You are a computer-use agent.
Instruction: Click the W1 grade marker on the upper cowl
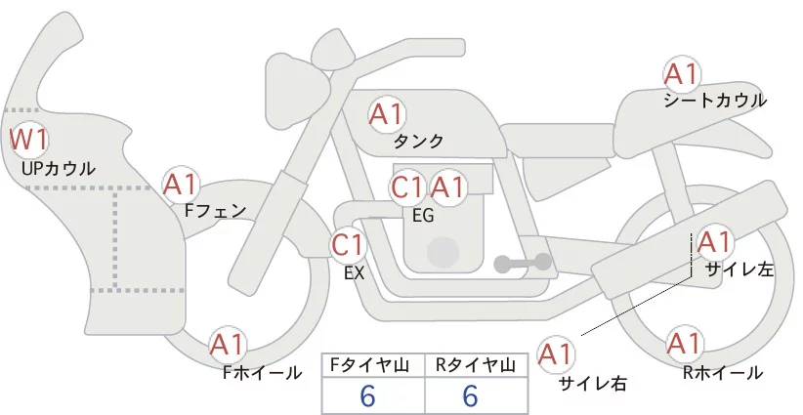pos(29,140)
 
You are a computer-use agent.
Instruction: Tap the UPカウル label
pos(59,168)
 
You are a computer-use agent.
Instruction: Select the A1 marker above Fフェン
pos(181,186)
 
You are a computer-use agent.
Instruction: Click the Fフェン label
pos(215,211)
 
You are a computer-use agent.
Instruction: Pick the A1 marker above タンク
pos(387,114)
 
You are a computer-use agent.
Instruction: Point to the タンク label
pos(418,141)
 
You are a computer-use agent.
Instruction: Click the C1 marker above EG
pos(407,187)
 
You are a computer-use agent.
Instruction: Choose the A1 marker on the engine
pos(447,187)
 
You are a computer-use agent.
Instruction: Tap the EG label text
pos(423,216)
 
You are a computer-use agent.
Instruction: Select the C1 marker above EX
pos(348,245)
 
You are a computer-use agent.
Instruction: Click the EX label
pos(354,273)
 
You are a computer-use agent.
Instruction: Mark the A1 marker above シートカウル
pos(682,75)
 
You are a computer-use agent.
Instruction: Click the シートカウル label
pos(715,101)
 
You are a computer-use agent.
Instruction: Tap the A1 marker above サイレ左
pos(714,242)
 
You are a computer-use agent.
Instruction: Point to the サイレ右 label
pos(592,384)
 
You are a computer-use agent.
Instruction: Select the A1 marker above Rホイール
pos(684,344)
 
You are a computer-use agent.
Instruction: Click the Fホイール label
pos(263,373)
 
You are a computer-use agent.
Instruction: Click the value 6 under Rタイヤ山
pos(470,396)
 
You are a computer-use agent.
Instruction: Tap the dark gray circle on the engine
pos(443,252)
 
